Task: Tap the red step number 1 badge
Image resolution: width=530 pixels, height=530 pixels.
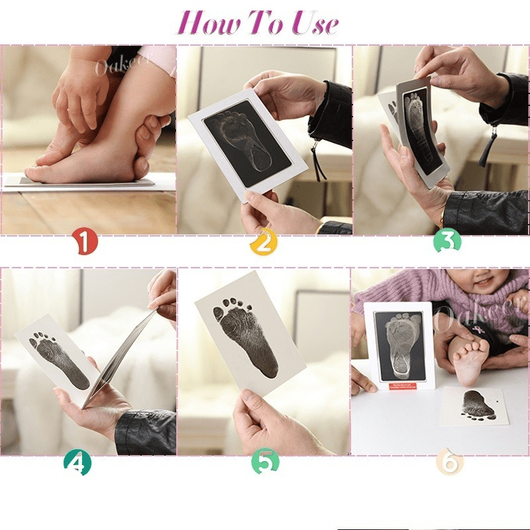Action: [85, 242]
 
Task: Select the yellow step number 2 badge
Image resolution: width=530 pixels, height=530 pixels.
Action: [263, 242]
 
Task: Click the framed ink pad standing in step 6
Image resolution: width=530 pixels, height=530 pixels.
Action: [398, 344]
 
